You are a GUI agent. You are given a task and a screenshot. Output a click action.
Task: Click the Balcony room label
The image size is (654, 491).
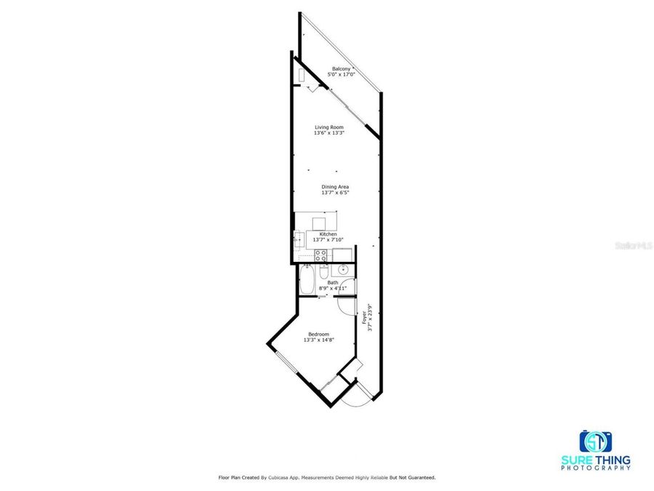[341, 69]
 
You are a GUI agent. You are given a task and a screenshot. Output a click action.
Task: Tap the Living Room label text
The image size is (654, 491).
[328, 127]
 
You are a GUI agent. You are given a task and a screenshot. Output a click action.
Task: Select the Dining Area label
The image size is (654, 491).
[335, 187]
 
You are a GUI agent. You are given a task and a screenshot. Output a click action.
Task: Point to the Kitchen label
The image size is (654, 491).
[328, 234]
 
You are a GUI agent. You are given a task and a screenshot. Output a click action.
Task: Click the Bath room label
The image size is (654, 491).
[333, 282]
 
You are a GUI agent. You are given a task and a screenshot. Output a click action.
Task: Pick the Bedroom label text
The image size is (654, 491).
[318, 334]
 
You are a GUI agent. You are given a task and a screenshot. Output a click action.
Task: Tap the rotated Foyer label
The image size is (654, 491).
[363, 317]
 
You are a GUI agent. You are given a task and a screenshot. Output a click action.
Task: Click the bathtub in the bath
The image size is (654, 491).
[307, 281]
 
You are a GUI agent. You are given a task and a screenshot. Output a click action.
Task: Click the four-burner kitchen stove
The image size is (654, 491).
[320, 255]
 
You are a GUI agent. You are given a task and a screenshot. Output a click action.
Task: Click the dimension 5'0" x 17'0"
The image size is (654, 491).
[341, 74]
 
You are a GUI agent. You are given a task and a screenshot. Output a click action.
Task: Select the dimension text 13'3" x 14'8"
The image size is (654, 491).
[318, 340]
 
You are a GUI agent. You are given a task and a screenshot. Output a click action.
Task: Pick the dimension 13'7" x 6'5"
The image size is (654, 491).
[335, 193]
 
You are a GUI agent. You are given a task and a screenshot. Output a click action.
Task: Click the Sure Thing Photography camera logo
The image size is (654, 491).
[595, 441]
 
